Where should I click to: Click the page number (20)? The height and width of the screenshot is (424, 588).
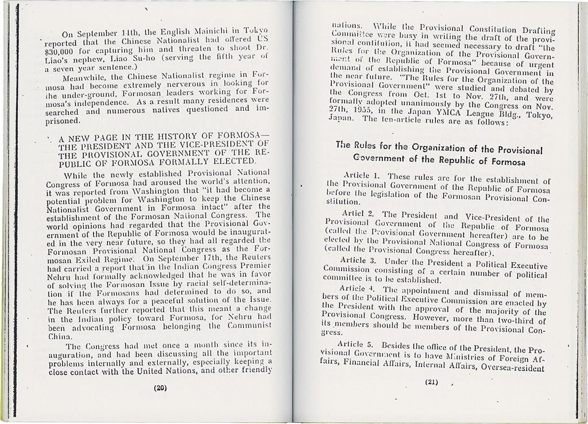160,387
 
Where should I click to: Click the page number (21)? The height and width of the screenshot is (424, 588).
432,382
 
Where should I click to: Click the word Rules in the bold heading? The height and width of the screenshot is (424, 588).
365,146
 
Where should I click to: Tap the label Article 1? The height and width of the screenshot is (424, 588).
361,175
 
